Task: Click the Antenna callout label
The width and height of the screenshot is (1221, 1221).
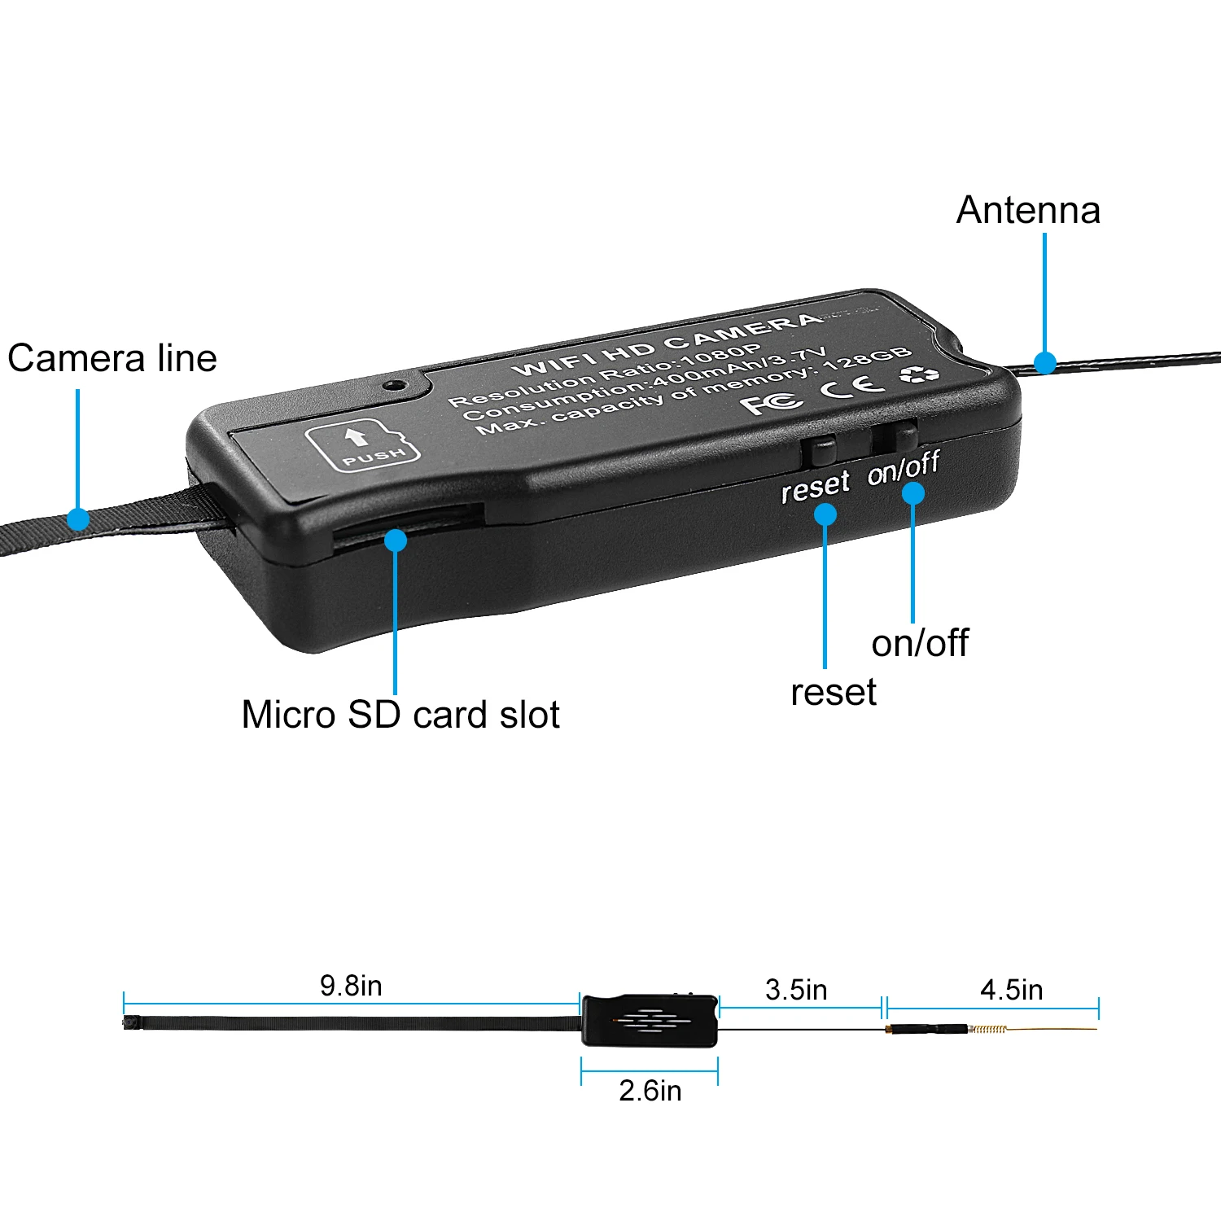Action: click(x=1028, y=210)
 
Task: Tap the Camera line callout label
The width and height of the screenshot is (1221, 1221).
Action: click(x=112, y=358)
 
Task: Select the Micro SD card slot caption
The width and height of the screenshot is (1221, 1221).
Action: click(x=400, y=715)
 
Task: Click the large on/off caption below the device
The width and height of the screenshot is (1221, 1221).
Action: click(x=920, y=643)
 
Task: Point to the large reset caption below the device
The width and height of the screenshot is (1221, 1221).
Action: click(x=834, y=693)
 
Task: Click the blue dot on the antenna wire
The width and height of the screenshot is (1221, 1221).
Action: click(x=1044, y=362)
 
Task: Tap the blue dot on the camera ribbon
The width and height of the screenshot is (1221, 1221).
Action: click(x=78, y=519)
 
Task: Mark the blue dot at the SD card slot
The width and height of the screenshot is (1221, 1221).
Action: click(x=396, y=540)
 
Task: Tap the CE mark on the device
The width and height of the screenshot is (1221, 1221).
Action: click(x=851, y=385)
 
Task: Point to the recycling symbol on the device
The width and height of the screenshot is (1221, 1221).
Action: click(x=918, y=374)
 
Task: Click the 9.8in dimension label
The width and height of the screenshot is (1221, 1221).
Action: click(x=351, y=986)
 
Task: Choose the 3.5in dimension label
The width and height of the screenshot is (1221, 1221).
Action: click(x=796, y=990)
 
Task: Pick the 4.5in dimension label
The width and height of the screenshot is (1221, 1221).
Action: click(x=1012, y=990)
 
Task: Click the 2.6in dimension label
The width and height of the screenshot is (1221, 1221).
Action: click(x=650, y=1091)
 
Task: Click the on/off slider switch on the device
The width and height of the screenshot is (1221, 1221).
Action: click(x=902, y=436)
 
